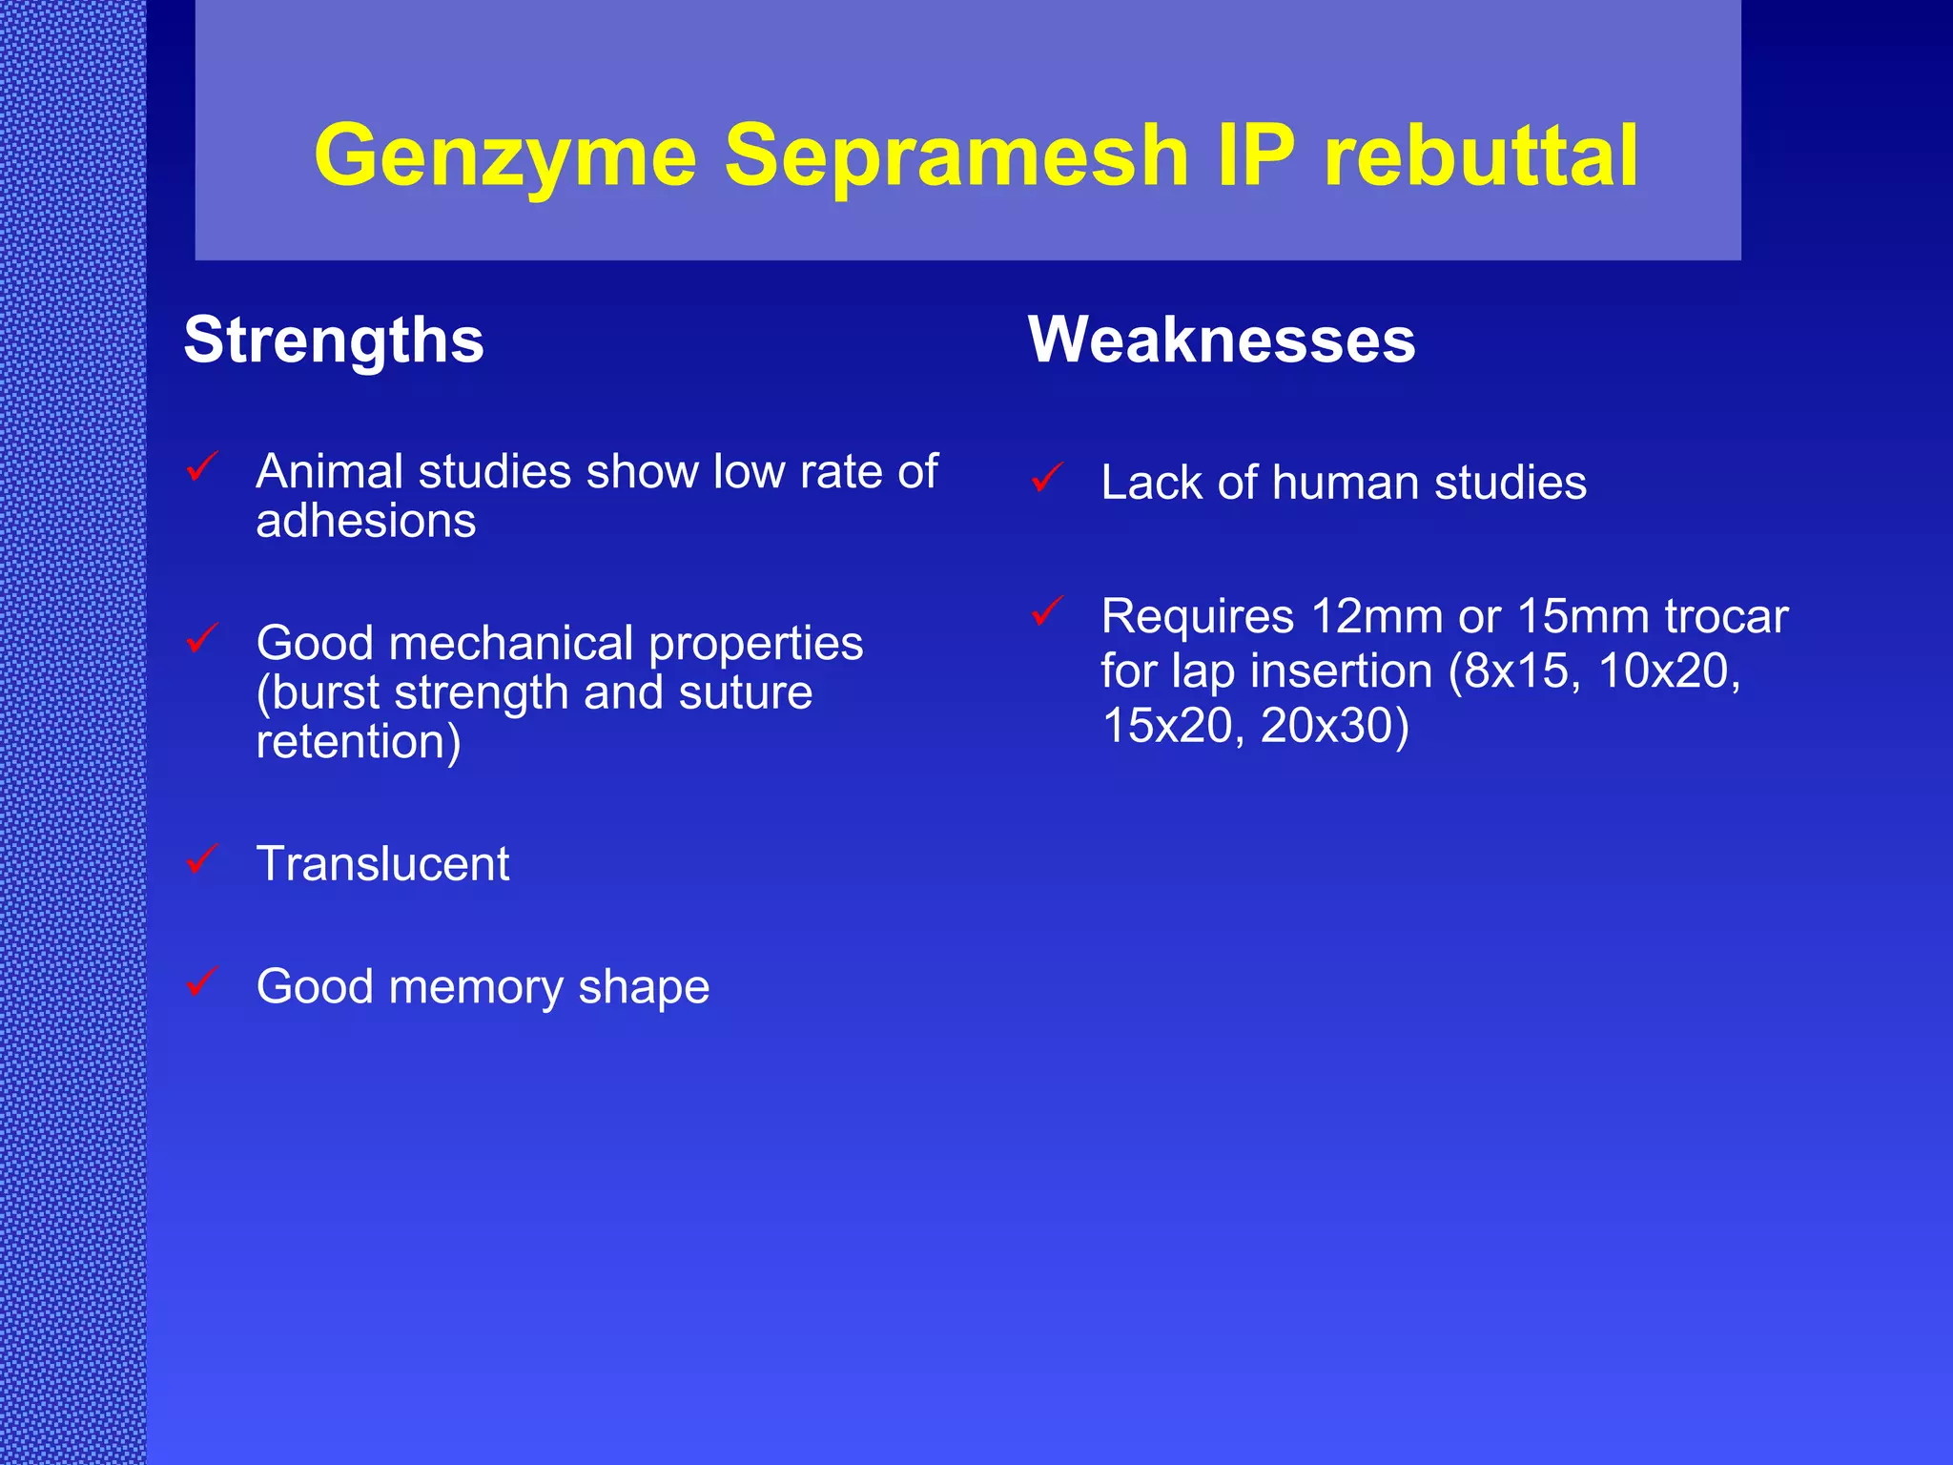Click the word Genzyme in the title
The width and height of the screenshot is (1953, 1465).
coord(505,156)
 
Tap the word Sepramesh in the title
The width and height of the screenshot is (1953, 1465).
coord(956,156)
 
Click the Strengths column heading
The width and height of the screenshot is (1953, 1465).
coord(334,340)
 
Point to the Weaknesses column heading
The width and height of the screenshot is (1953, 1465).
coord(1222,340)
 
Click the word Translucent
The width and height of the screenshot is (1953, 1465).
coord(382,864)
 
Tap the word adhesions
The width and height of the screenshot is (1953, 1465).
coord(366,521)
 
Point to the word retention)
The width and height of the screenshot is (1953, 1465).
coord(359,742)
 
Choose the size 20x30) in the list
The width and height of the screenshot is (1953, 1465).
coord(1334,726)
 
